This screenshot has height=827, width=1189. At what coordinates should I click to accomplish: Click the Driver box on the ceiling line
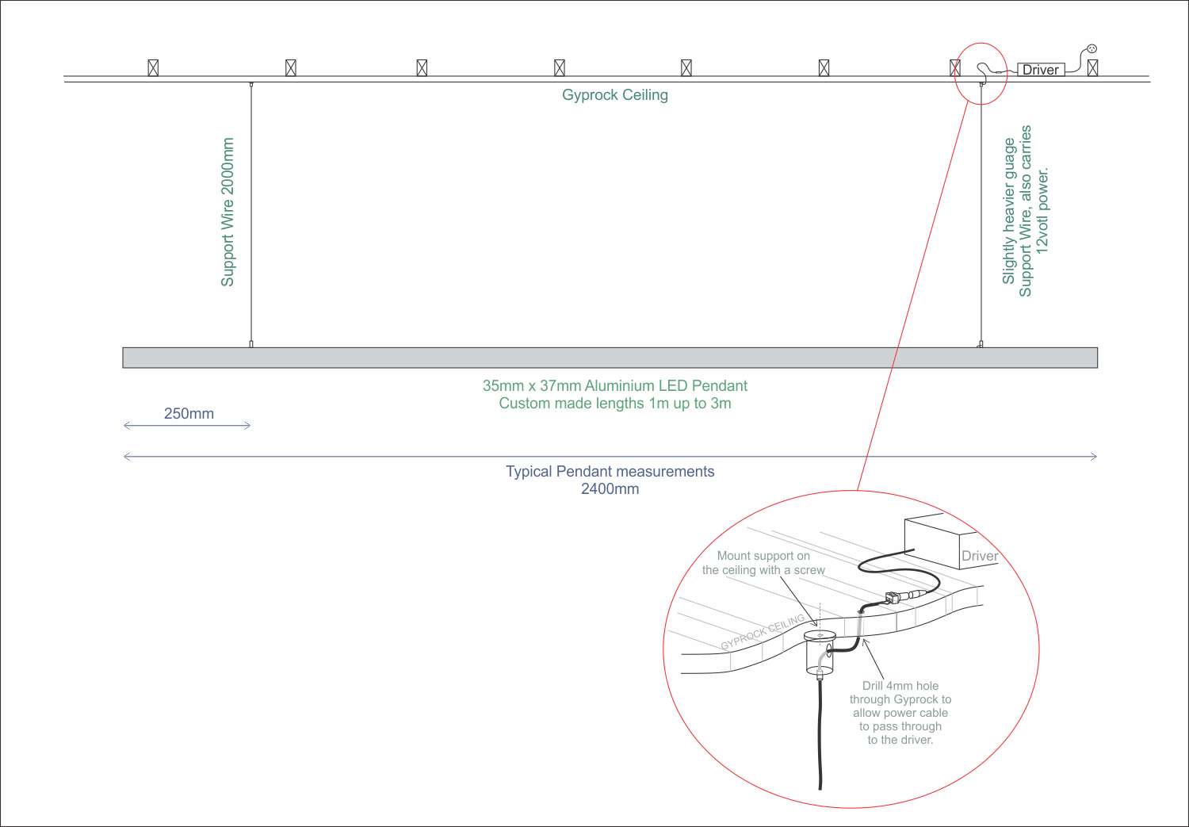1041,70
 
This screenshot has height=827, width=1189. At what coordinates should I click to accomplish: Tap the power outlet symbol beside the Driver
1092,49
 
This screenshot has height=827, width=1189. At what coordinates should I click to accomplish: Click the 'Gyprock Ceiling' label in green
614,95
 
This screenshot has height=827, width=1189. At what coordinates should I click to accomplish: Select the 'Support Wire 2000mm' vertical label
227,212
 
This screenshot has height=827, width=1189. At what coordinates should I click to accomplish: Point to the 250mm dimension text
189,413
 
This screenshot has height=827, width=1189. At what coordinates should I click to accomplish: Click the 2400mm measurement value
610,488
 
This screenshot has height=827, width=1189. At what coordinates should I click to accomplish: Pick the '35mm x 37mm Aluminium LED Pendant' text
614,386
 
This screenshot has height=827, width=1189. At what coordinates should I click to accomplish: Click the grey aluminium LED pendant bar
610,358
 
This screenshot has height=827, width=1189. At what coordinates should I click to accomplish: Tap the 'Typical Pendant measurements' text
610,472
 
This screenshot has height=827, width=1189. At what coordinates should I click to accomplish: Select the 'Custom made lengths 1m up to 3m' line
614,404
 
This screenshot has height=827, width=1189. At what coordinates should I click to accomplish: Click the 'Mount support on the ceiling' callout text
763,563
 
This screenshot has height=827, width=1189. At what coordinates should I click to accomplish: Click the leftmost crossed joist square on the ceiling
153,67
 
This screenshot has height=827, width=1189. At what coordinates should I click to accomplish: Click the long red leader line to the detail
912,293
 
